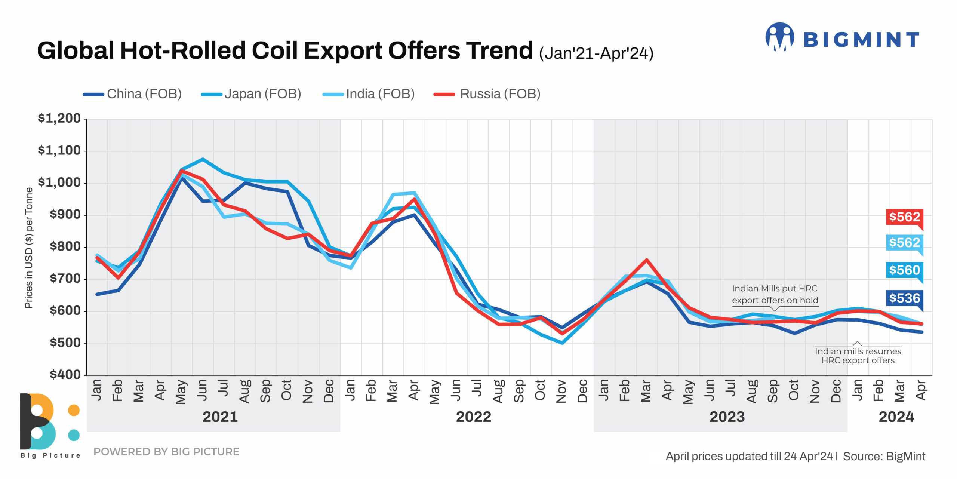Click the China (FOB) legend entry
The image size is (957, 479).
tap(133, 94)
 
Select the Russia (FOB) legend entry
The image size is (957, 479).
tap(487, 94)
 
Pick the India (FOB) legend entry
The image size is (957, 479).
tap(369, 94)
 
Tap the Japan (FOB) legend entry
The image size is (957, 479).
tap(251, 94)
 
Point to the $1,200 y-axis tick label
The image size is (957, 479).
tap(59, 119)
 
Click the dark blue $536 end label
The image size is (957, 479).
tap(904, 298)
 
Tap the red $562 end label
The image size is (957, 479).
tap(904, 217)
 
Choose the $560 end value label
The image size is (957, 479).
tap(904, 270)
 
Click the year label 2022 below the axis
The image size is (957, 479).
tap(473, 417)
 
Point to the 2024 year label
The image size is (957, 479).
tap(896, 417)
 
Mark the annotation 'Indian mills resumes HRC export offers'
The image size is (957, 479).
tap(858, 356)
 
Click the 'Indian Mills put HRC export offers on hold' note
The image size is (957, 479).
tap(775, 294)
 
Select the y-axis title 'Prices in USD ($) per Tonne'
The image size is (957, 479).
tap(29, 248)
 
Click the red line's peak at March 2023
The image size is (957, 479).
tap(646, 260)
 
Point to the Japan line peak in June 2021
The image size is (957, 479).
tap(203, 159)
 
